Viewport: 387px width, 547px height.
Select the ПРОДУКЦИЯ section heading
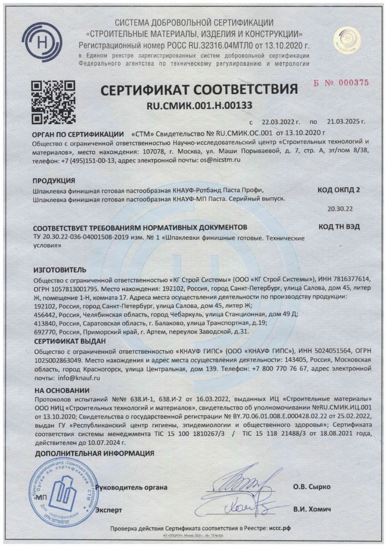54,180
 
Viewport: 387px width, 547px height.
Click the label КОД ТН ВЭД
339,227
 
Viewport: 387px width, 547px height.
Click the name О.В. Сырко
311,487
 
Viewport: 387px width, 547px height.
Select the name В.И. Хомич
312,509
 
